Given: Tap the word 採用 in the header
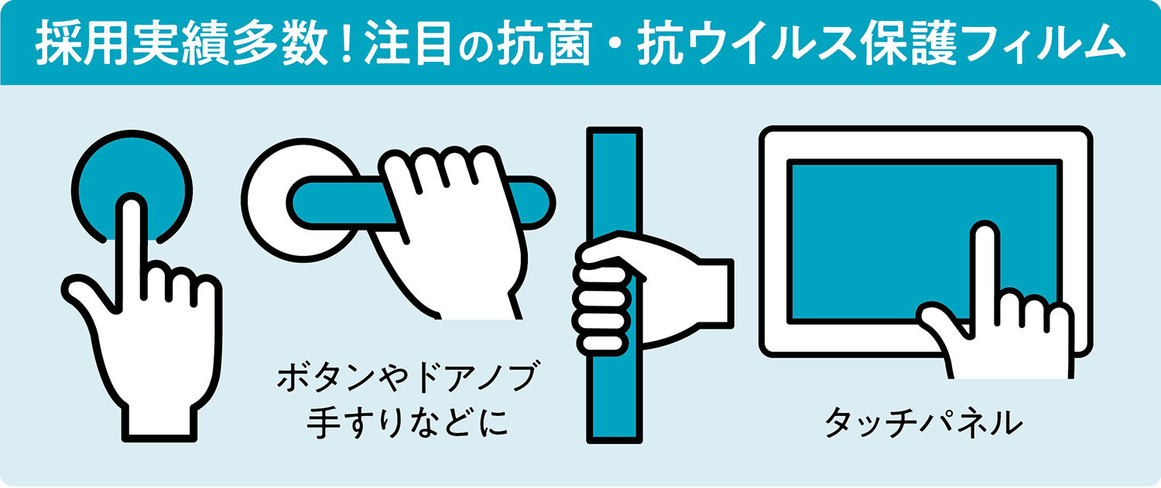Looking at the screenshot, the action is coord(82,44).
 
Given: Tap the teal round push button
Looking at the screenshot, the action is coord(132,186).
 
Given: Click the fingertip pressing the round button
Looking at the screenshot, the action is coord(132,205).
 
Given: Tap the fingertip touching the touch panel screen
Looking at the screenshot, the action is coord(985,234).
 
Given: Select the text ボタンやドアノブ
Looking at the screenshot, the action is coord(407,377).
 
